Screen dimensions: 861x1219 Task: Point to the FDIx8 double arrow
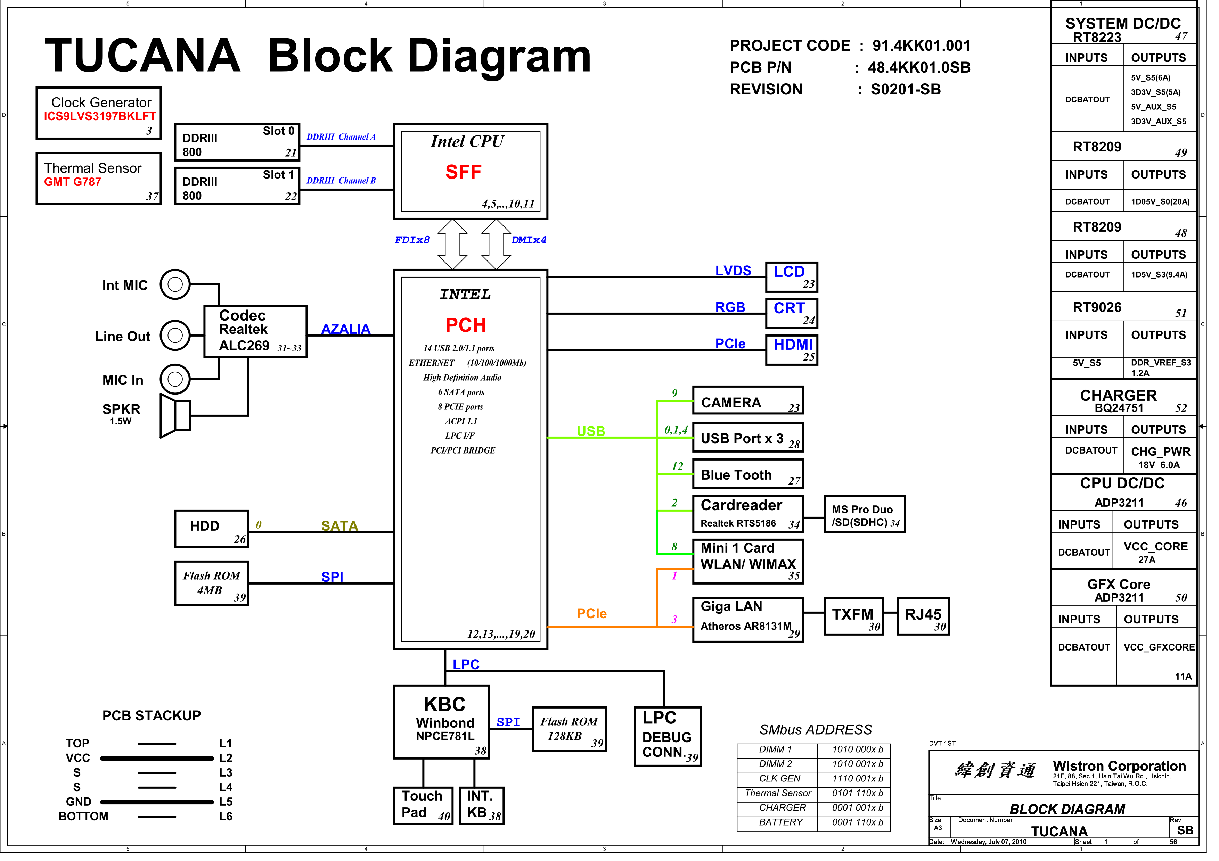pyautogui.click(x=457, y=246)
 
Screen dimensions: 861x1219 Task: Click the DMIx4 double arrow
pyautogui.click(x=501, y=246)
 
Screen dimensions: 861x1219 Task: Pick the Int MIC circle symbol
pyautogui.click(x=177, y=287)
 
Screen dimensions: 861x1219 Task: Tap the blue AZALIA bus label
pyautogui.click(x=349, y=332)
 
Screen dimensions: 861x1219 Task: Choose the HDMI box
pyautogui.click(x=799, y=353)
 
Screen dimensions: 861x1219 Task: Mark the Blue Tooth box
pyautogui.click(x=754, y=479)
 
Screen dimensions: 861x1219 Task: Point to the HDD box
pyautogui.click(x=213, y=534)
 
